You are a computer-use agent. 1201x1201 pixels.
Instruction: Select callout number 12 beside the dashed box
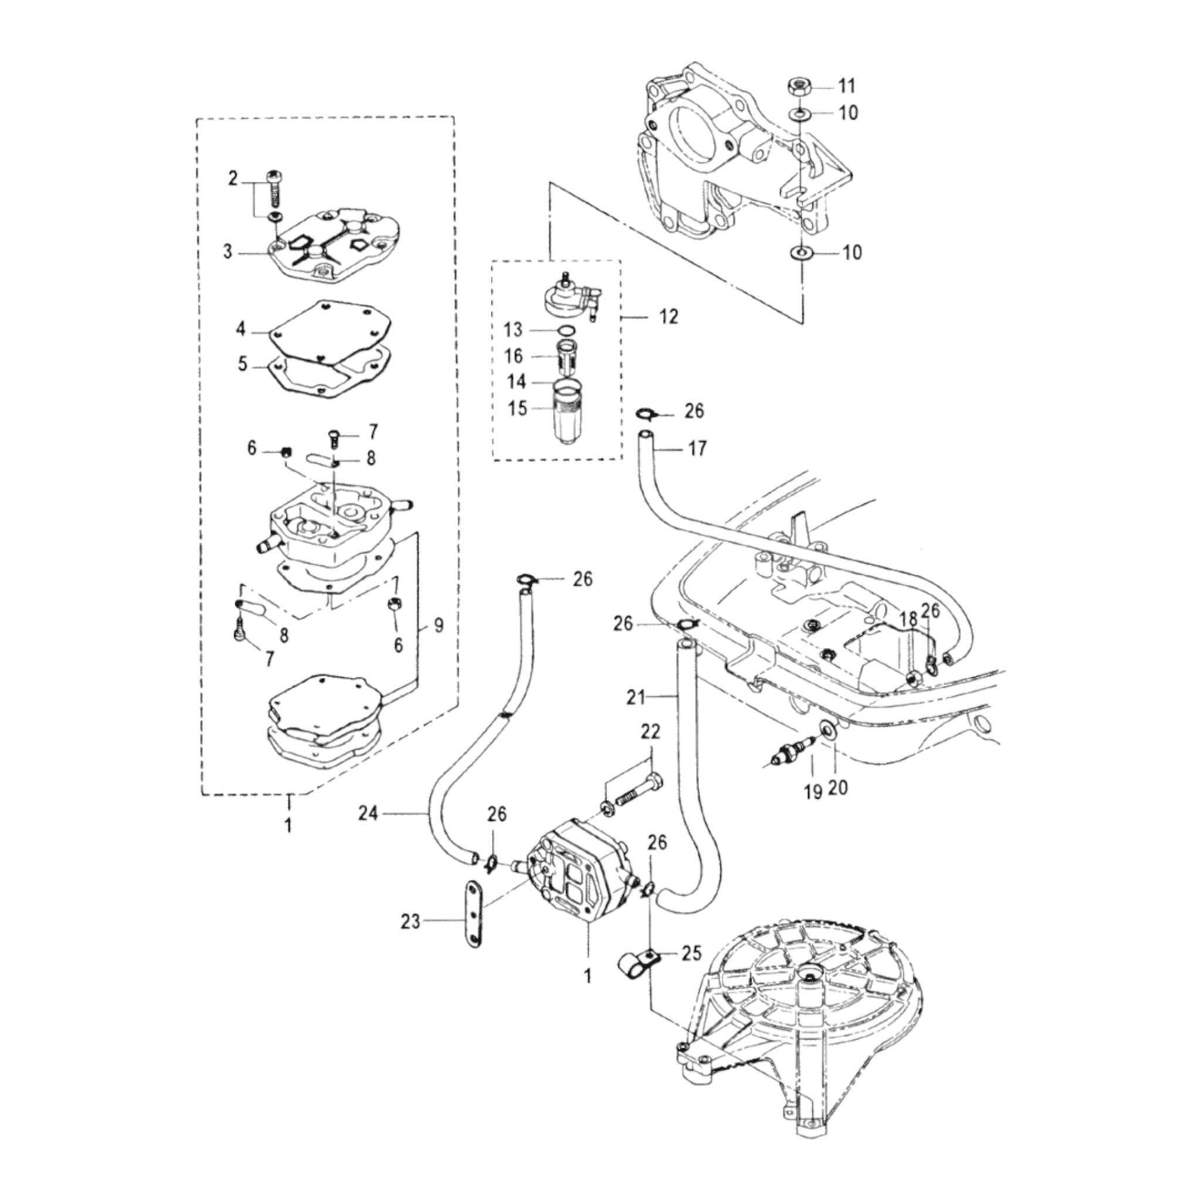click(x=669, y=317)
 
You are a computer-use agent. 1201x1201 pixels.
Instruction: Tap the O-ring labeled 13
click(x=566, y=330)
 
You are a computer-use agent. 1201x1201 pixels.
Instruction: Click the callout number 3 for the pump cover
click(x=228, y=252)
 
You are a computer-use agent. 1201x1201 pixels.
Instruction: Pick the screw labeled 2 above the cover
click(x=274, y=189)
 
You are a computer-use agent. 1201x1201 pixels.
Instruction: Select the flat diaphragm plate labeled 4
click(x=330, y=333)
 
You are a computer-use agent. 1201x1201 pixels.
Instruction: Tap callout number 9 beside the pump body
click(x=439, y=625)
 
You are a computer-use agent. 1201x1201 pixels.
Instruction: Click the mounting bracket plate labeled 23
click(x=474, y=922)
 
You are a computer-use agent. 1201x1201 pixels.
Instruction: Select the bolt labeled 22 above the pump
click(x=637, y=796)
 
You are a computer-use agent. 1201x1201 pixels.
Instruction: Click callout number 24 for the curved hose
click(x=368, y=812)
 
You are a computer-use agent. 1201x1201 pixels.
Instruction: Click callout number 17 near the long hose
click(x=697, y=447)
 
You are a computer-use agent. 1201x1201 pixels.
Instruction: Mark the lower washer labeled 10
click(x=800, y=253)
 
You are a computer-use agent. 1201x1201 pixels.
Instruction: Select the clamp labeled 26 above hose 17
click(x=644, y=413)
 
